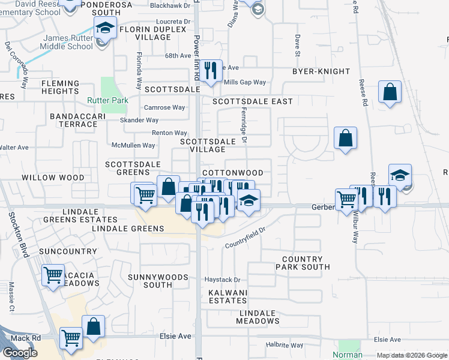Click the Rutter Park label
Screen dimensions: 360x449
(x=107, y=100)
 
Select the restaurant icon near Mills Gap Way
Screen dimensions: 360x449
(x=210, y=71)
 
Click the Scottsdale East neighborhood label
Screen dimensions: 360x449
(x=253, y=101)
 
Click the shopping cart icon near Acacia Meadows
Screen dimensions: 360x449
(x=53, y=275)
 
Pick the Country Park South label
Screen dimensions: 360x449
(x=303, y=263)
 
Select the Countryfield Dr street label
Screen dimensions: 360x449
(x=245, y=238)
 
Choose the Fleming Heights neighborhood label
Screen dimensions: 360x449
(x=60, y=88)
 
